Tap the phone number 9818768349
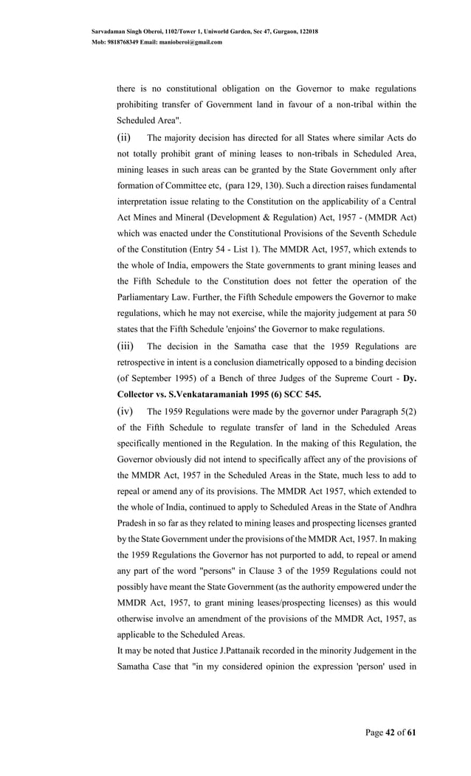coord(120,42)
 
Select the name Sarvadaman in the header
coord(108,32)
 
